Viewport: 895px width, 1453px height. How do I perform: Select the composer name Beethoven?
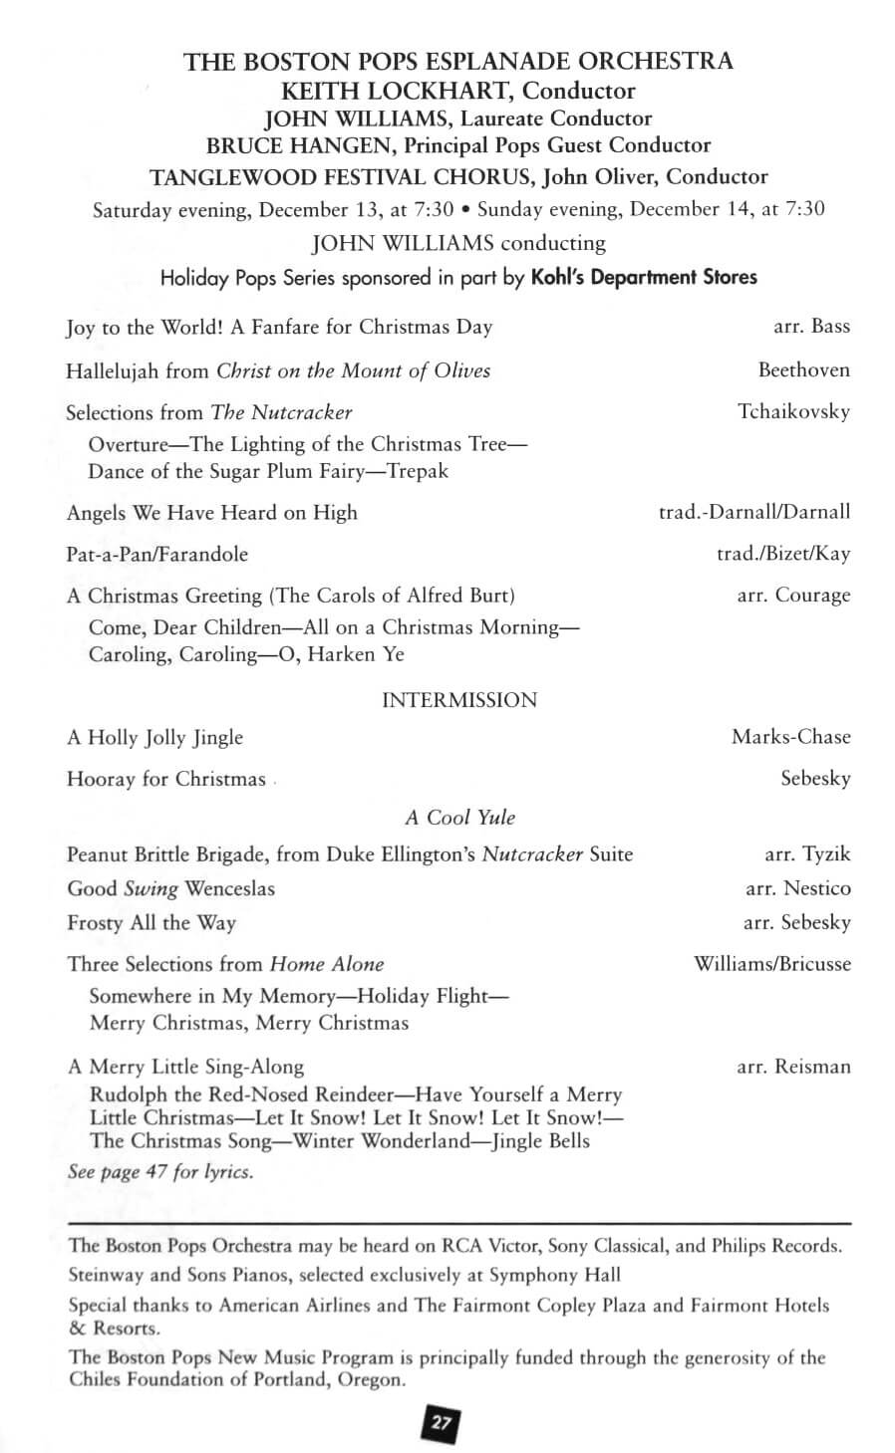pyautogui.click(x=803, y=370)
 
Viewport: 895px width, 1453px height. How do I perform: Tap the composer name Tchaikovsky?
pyautogui.click(x=793, y=411)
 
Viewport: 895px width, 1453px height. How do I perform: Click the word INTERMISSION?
pyautogui.click(x=459, y=700)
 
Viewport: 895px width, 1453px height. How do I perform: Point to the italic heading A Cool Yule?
pyautogui.click(x=459, y=818)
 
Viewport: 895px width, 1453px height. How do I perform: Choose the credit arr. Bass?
pyautogui.click(x=811, y=327)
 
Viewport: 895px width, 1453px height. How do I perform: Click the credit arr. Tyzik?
pyautogui.click(x=807, y=854)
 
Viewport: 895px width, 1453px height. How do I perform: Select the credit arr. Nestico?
pyautogui.click(x=797, y=888)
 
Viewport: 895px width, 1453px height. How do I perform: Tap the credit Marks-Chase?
pyautogui.click(x=790, y=737)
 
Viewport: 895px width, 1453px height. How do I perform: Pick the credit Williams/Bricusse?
pyautogui.click(x=772, y=964)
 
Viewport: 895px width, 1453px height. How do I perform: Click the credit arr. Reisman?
pyautogui.click(x=793, y=1067)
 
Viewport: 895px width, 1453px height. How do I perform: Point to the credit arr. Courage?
pyautogui.click(x=793, y=596)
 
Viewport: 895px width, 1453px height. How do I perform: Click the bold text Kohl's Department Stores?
pyautogui.click(x=644, y=277)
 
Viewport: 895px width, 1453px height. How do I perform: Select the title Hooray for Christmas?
pyautogui.click(x=166, y=779)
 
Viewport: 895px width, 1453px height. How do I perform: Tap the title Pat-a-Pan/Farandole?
pyautogui.click(x=157, y=554)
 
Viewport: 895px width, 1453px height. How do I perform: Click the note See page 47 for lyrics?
pyautogui.click(x=160, y=1171)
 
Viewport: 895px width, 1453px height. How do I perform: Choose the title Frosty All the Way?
pyautogui.click(x=151, y=922)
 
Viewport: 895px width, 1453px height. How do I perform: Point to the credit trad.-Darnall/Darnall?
pyautogui.click(x=754, y=512)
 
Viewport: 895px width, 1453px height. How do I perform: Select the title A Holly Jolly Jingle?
pyautogui.click(x=155, y=737)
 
